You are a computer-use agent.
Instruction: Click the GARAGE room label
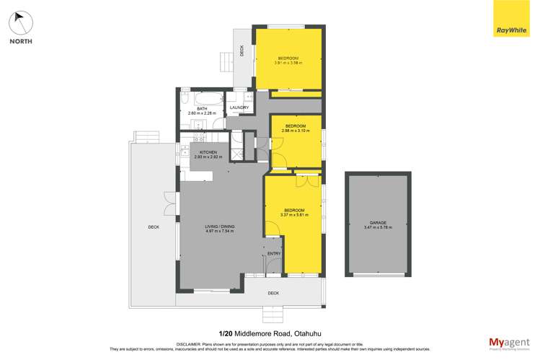pyautogui.click(x=378, y=224)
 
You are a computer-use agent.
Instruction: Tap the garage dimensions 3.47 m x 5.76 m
pyautogui.click(x=378, y=228)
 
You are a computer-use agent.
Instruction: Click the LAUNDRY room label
pyautogui.click(x=239, y=107)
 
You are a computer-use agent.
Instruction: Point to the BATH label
pyautogui.click(x=202, y=108)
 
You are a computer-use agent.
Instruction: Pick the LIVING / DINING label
pyautogui.click(x=220, y=227)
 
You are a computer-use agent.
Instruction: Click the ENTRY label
pyautogui.click(x=274, y=254)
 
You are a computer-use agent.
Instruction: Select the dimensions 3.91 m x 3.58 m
pyautogui.click(x=288, y=63)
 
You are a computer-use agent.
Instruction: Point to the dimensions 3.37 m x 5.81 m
pyautogui.click(x=294, y=215)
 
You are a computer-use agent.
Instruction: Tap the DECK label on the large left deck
pyautogui.click(x=153, y=227)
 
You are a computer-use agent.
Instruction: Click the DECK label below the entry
pyautogui.click(x=273, y=293)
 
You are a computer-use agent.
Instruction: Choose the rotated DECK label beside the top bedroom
pyautogui.click(x=242, y=50)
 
